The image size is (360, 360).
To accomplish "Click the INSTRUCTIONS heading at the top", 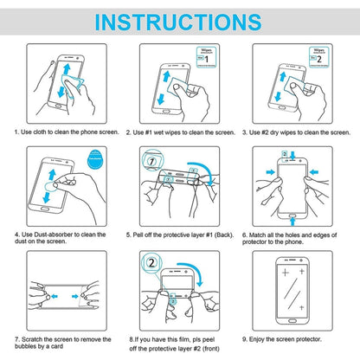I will pyautogui.click(x=179, y=21).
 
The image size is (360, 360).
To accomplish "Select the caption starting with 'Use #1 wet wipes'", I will pyautogui.click(x=179, y=132).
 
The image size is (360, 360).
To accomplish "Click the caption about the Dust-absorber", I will pyautogui.click(x=61, y=238).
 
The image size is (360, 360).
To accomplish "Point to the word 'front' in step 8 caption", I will pyautogui.click(x=222, y=349).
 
